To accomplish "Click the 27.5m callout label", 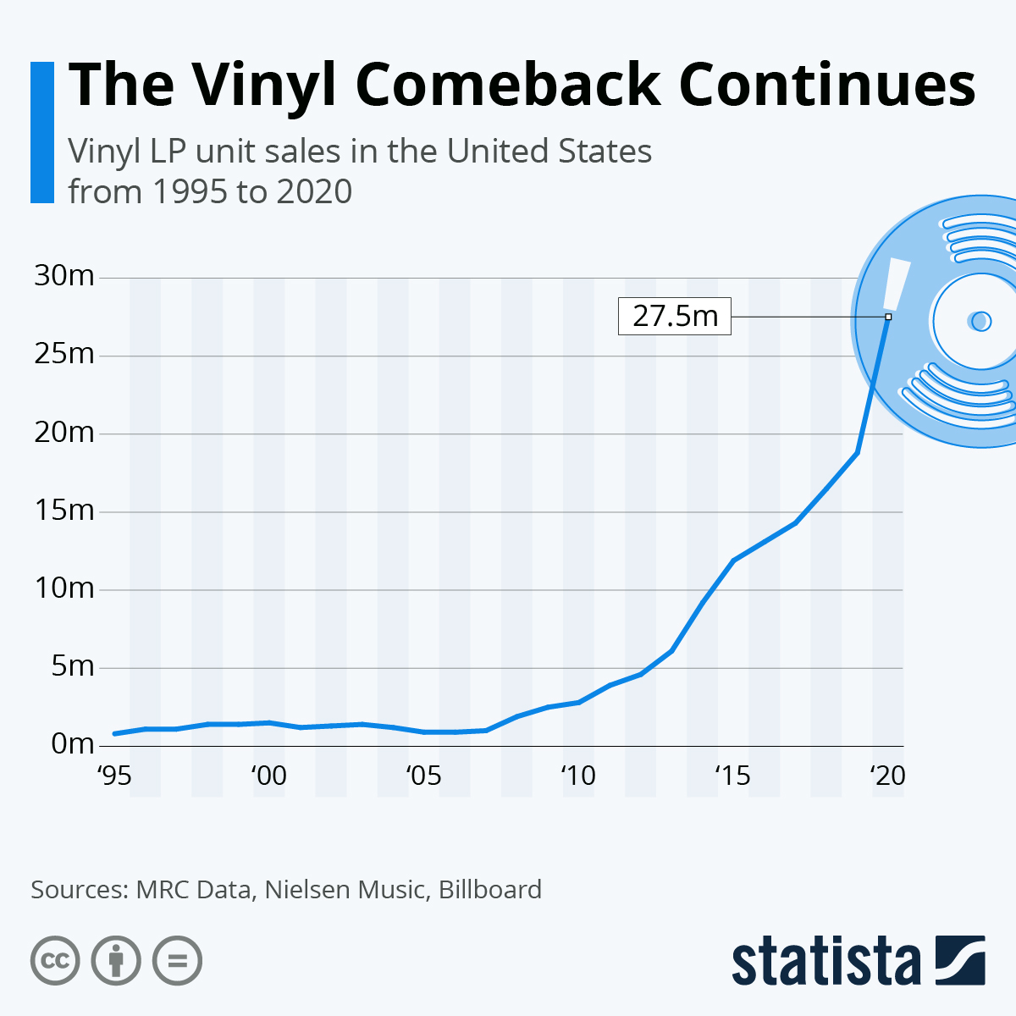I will (x=675, y=317).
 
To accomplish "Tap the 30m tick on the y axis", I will (x=64, y=276).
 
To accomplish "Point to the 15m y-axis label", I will (x=64, y=511).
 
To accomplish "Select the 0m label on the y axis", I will (x=72, y=744).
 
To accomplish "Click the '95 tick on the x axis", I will (x=114, y=776).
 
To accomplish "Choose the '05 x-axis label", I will (x=423, y=776).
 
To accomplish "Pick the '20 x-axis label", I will (x=888, y=776).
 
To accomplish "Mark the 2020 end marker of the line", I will (x=888, y=317).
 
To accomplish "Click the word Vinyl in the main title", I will (x=264, y=85).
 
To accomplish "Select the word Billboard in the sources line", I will (x=489, y=890).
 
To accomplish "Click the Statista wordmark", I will (x=825, y=961).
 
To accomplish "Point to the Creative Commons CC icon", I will (x=55, y=961).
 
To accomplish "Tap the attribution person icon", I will (x=116, y=961).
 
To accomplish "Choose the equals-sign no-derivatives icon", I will (x=177, y=961).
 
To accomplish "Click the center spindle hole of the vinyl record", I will (x=980, y=321).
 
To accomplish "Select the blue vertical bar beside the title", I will (x=41, y=132).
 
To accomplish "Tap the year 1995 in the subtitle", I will (x=188, y=191).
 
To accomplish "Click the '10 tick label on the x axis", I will (x=578, y=776).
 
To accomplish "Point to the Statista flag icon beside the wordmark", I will (x=961, y=961).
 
